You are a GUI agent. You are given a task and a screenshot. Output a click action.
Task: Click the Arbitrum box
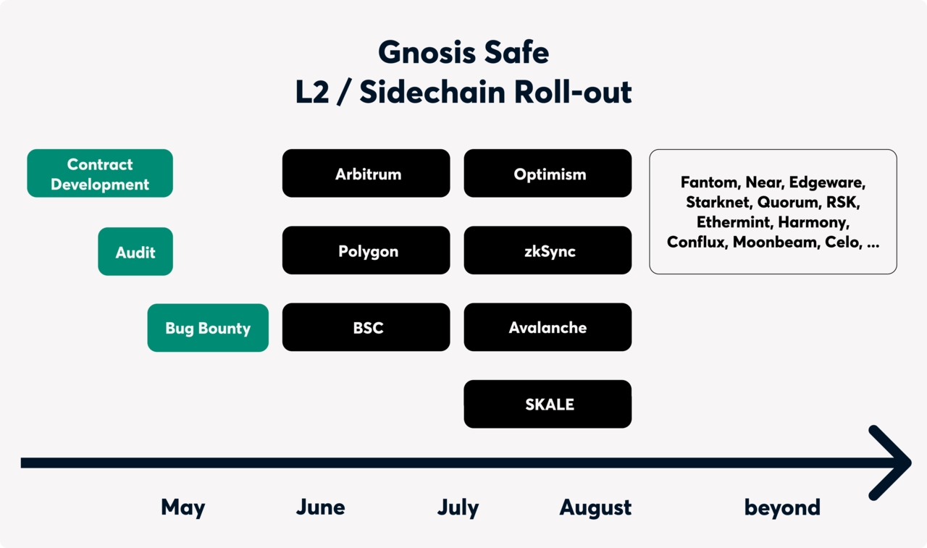coord(366,174)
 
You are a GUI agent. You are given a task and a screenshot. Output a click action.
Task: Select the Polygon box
coord(366,251)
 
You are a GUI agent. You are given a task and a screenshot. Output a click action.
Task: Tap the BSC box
coord(366,328)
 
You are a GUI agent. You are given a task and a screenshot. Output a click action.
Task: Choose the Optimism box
coord(548,174)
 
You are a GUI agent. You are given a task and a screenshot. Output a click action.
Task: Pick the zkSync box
coord(548,251)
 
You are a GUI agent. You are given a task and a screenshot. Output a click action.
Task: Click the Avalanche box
coord(548,328)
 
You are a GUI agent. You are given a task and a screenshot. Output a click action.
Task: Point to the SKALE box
coord(548,405)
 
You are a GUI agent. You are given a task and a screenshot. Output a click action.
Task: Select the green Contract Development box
coord(100,174)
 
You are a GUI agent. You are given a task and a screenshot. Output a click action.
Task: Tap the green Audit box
coord(135,252)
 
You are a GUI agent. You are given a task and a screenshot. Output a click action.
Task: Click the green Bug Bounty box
coord(208,328)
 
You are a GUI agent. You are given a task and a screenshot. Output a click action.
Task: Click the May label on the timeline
coord(183,507)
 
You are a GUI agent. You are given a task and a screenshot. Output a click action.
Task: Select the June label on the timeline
coord(320,507)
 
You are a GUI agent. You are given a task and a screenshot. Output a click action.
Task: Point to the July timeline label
coord(458,507)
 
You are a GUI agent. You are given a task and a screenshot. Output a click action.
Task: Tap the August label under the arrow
coord(595,507)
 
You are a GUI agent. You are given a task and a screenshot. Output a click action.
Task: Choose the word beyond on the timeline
coord(782,507)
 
